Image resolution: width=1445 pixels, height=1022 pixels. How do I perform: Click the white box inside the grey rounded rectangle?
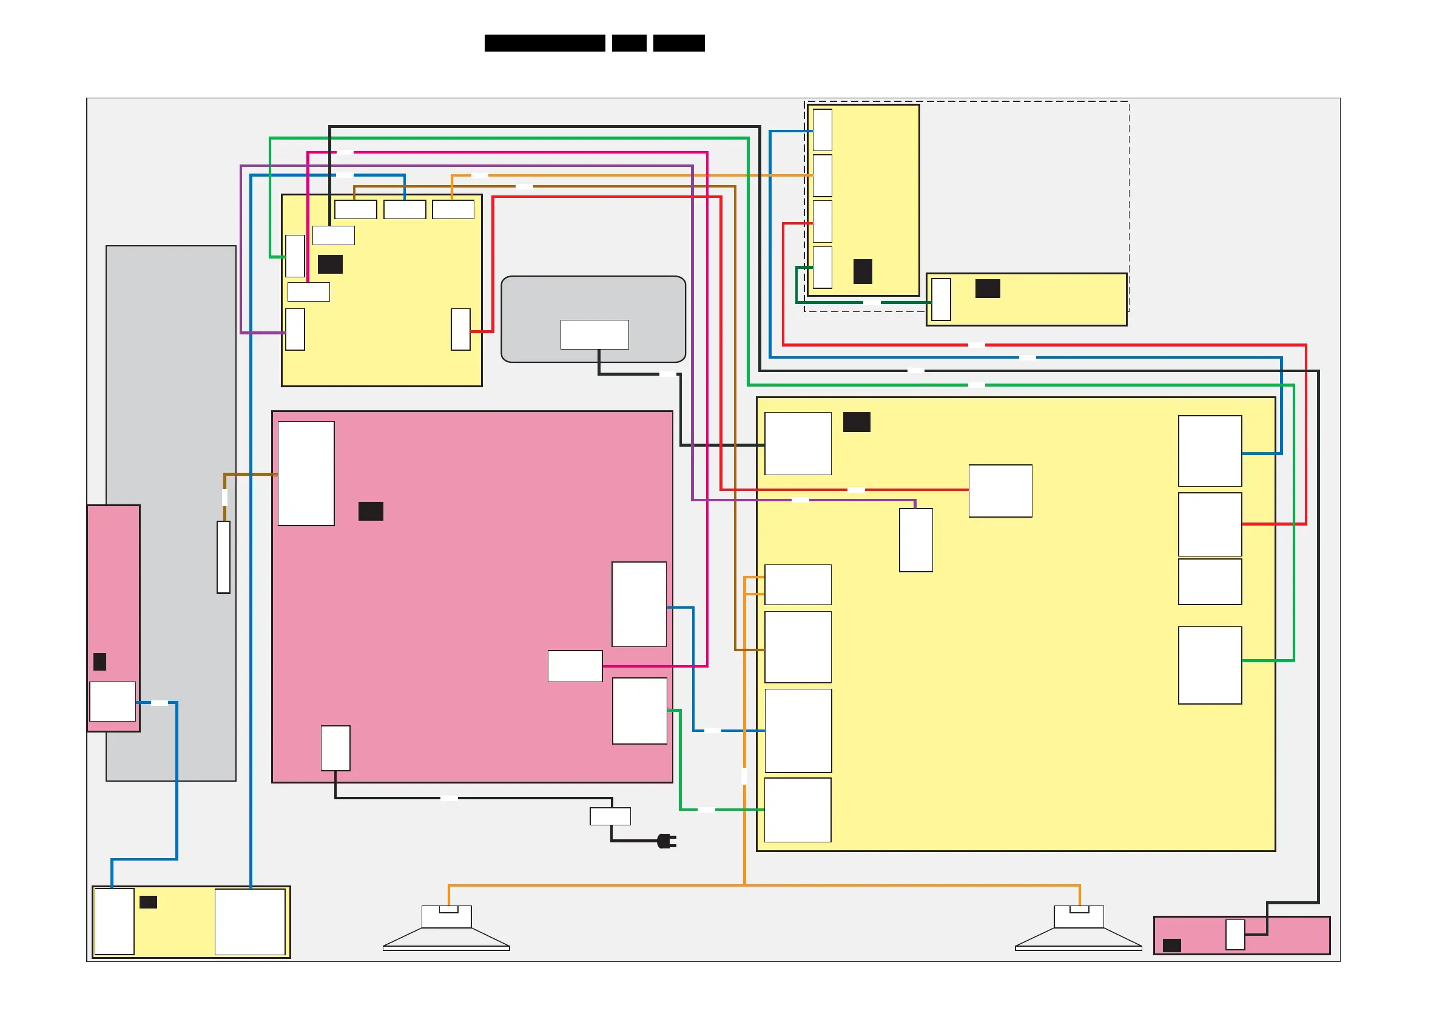[594, 334]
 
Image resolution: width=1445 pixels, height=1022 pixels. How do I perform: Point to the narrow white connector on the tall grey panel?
[223, 557]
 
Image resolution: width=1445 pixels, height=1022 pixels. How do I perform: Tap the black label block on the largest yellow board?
[856, 422]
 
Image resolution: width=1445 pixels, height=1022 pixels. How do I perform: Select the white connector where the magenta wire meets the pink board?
[574, 666]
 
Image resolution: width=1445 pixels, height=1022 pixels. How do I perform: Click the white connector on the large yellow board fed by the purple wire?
[915, 540]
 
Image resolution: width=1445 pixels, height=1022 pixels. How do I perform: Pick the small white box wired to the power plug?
[610, 816]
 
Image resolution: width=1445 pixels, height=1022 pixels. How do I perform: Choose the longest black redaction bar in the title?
[544, 43]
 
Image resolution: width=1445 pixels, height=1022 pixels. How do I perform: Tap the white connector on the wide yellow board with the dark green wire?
[941, 299]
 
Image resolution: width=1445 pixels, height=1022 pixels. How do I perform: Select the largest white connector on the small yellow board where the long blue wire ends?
[250, 921]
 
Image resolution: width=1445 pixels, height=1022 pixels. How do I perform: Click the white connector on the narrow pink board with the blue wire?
[113, 701]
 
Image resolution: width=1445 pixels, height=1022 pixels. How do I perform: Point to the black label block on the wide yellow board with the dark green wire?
[988, 288]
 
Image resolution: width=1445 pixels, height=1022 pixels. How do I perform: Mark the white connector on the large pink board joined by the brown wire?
[306, 473]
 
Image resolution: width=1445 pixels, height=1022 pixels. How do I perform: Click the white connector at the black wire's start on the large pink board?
[335, 748]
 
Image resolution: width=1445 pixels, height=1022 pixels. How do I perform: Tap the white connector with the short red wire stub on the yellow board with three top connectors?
[460, 330]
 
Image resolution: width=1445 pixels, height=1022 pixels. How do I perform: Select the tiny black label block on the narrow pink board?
[99, 661]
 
